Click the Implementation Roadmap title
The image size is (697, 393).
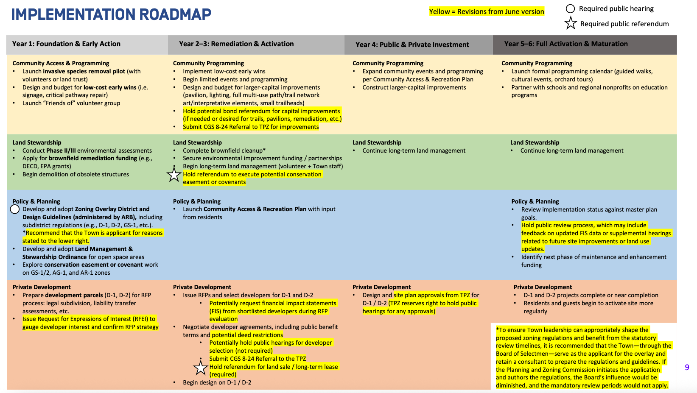[111, 14]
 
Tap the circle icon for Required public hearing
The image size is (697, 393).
[570, 9]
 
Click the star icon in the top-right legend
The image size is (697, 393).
[571, 23]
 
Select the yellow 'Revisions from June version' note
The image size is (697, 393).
[486, 11]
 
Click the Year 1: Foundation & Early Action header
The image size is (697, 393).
[66, 44]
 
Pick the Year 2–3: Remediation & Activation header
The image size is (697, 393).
[236, 44]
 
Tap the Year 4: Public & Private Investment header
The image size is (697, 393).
[412, 45]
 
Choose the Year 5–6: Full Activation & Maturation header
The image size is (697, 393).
[565, 44]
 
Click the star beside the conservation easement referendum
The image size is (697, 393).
[174, 175]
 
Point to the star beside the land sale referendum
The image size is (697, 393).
[200, 368]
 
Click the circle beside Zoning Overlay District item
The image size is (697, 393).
[15, 209]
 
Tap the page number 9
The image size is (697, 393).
[687, 367]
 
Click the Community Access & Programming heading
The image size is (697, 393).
[61, 63]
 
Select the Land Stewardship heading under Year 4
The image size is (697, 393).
[377, 142]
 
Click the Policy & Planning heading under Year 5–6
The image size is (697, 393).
[535, 201]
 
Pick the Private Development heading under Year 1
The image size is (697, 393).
[42, 287]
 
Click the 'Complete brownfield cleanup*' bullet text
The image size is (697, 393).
[224, 151]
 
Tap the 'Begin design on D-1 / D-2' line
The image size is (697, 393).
[217, 382]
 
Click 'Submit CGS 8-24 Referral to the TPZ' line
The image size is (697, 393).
[258, 359]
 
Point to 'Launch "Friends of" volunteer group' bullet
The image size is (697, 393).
[71, 103]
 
